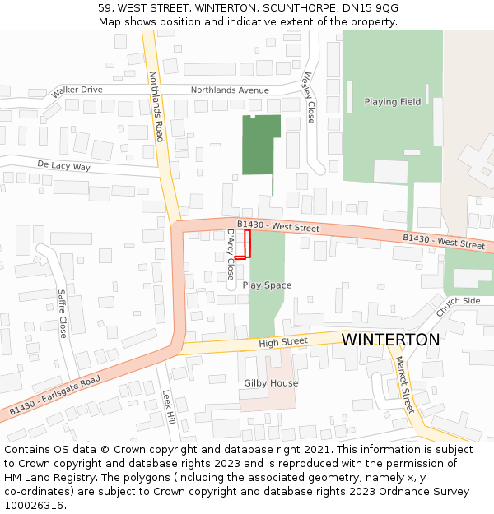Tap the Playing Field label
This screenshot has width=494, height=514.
[393, 102]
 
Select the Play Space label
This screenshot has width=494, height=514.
[267, 285]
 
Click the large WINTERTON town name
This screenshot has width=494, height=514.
[390, 340]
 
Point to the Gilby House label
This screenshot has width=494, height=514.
[271, 383]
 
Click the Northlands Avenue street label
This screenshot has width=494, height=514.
[230, 90]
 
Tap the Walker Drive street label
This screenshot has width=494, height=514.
[77, 90]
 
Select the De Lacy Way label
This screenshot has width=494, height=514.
[63, 166]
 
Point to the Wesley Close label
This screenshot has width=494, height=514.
[309, 98]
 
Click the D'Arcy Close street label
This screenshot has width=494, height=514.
[231, 254]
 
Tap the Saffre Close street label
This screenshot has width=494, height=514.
[62, 313]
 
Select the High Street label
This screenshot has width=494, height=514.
[282, 342]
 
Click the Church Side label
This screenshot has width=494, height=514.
[459, 307]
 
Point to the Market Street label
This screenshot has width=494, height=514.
[404, 384]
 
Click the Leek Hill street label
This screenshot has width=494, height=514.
[168, 407]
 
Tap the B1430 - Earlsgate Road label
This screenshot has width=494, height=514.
[55, 395]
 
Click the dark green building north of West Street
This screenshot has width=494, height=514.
[260, 145]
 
